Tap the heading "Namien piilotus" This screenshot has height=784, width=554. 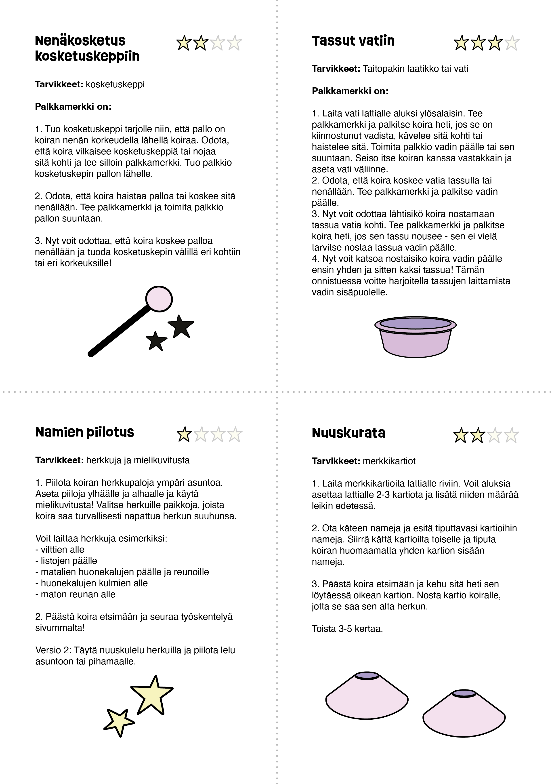pyautogui.click(x=85, y=432)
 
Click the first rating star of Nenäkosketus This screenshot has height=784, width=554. pyautogui.click(x=184, y=43)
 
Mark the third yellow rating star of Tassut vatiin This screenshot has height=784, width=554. pyautogui.click(x=495, y=43)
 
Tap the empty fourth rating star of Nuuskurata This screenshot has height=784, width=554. pyautogui.click(x=511, y=435)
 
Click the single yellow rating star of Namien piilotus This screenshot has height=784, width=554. pyautogui.click(x=184, y=434)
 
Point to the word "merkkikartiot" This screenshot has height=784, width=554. pyautogui.click(x=389, y=461)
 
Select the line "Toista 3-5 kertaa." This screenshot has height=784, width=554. pyautogui.click(x=347, y=629)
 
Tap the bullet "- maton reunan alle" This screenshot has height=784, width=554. pyautogui.click(x=76, y=594)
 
